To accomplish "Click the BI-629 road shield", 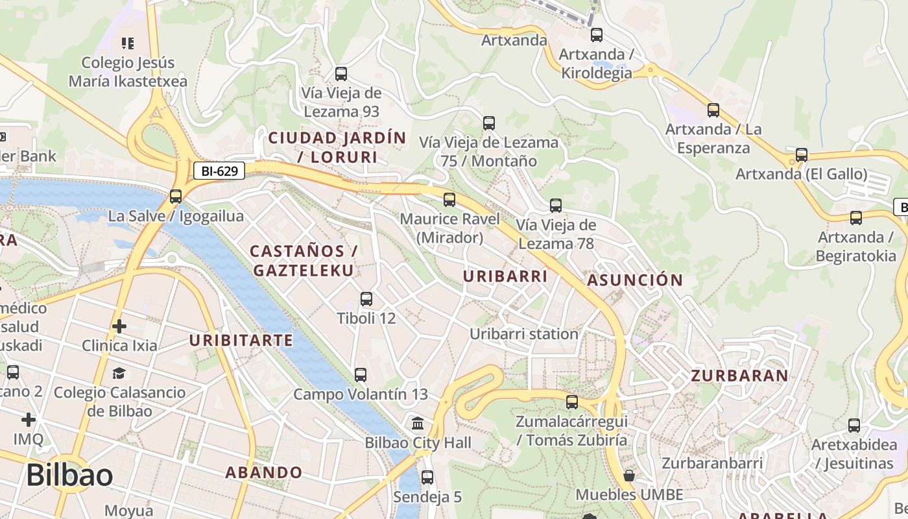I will pos(219,171).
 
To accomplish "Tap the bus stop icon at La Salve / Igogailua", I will pos(175,196).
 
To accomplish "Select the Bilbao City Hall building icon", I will pos(418,424).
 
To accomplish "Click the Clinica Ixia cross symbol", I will pos(119,326).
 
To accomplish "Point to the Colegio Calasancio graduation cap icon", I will pos(119,373).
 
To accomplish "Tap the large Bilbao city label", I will pos(69,475).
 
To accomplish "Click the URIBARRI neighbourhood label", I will pos(505,276).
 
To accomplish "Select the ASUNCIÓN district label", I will pos(635,280).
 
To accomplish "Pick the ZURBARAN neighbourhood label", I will pos(739,376).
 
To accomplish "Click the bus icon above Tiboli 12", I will pos(366,299).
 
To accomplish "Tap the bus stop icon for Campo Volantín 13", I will pos(361,374).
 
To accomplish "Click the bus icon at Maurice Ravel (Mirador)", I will pos(449,199).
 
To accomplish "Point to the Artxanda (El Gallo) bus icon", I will pos(802,155).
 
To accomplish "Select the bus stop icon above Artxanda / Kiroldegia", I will pos(596,34).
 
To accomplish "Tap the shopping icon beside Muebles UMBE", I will pos(628,476).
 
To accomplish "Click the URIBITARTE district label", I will pos(241,341).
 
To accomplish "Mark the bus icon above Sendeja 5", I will pos(427,477).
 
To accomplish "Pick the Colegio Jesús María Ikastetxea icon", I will pos(128,43).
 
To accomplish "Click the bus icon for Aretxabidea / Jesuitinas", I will pos(854,426).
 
